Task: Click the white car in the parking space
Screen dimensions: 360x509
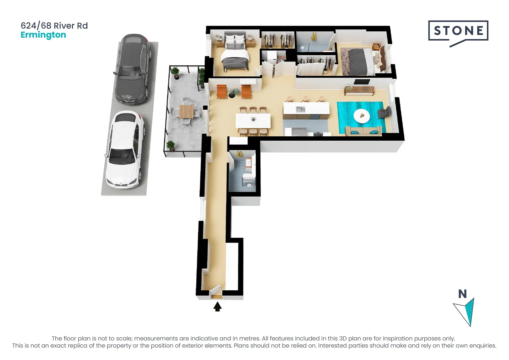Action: tap(125, 149)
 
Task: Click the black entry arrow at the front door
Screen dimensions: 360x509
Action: tap(217, 306)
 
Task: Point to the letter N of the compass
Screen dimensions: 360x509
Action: tap(462, 294)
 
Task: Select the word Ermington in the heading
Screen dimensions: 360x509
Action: tap(43, 35)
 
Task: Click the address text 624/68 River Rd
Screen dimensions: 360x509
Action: tap(54, 26)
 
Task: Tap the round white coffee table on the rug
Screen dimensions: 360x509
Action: tap(361, 116)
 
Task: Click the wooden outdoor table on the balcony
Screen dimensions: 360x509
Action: tap(186, 111)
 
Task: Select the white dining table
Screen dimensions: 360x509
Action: tap(253, 121)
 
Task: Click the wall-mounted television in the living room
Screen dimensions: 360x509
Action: tap(362, 82)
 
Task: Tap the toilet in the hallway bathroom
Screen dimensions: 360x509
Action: tap(248, 177)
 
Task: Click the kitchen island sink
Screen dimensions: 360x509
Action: tap(301, 109)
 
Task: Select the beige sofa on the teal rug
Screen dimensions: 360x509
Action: tap(363, 131)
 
